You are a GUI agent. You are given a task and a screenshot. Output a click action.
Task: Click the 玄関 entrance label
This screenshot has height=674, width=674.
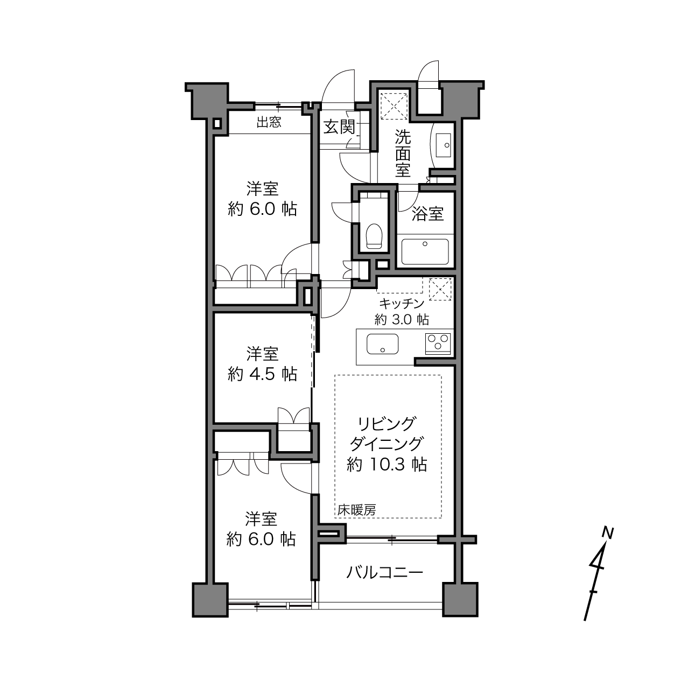(339, 127)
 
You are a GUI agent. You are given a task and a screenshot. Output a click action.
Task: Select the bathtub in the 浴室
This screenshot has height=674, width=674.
(425, 252)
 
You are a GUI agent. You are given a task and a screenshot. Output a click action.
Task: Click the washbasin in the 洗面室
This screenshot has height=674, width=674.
(444, 145)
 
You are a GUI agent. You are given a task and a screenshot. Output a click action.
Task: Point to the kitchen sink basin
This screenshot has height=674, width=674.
(382, 344)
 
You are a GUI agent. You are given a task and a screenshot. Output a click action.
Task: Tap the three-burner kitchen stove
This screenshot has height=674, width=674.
(438, 344)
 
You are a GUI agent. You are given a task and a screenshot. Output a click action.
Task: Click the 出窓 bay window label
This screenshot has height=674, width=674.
(269, 122)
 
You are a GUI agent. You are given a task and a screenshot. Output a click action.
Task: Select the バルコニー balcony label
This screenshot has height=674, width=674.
(385, 573)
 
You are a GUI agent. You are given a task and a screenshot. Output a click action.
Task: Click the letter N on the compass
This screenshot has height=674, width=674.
(608, 533)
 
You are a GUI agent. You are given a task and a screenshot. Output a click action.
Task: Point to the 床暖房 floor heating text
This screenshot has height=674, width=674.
(356, 510)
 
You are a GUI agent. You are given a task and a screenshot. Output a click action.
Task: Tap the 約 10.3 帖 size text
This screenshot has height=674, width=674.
(387, 465)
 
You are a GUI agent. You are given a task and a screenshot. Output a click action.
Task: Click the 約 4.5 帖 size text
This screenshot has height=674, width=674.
(262, 375)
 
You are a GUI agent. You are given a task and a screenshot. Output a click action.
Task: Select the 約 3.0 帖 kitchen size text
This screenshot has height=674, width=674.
(402, 319)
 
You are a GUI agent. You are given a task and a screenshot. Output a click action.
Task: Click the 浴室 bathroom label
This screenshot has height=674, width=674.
(428, 214)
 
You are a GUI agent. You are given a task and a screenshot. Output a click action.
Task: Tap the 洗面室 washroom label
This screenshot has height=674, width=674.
(403, 154)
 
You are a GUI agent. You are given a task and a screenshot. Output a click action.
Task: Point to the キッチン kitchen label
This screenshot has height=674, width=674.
(402, 304)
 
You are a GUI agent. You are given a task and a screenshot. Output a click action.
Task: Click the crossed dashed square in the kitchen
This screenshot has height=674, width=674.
(440, 289)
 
